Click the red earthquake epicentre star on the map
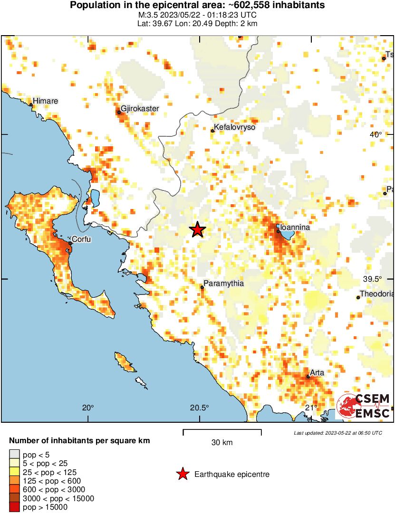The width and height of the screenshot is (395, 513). [197, 230]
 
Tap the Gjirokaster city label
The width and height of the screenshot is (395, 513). [140, 109]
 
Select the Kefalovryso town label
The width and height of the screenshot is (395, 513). [235, 128]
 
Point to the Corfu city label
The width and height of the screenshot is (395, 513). [81, 239]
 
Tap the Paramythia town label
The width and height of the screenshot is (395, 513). [223, 284]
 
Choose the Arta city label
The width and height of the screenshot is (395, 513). [317, 372]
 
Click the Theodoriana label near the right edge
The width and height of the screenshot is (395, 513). [376, 294]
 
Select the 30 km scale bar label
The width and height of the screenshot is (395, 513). [222, 443]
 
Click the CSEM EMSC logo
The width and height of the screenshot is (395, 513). [364, 406]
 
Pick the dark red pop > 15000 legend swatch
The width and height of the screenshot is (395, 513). [15, 507]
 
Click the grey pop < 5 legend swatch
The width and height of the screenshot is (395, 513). [15, 455]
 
